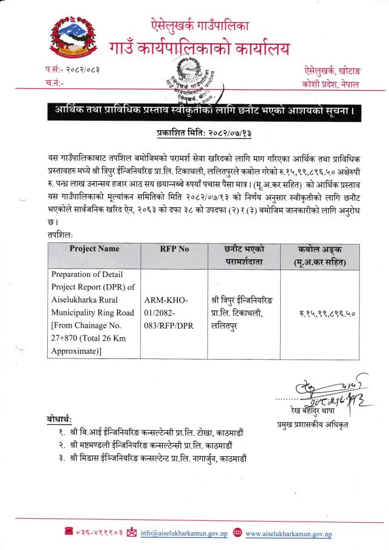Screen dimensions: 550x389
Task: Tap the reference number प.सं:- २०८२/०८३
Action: [73, 70]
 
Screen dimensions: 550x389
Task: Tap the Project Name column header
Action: [94, 248]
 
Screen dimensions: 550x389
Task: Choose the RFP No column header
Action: [175, 248]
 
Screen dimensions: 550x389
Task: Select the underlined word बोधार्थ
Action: [59, 419]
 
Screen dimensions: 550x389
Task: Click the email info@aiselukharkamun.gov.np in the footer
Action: [183, 533]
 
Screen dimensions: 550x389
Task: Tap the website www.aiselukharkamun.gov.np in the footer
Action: [289, 533]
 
